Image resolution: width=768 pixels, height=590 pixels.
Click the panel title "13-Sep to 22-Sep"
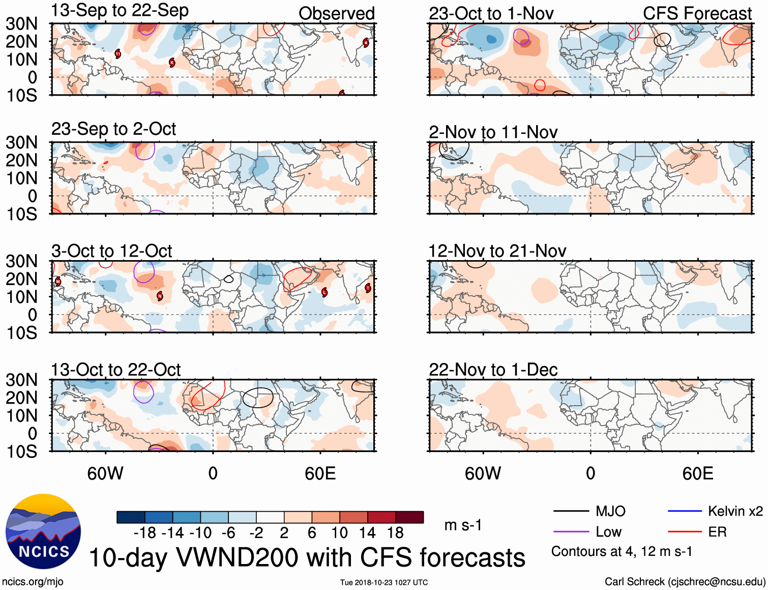click(x=120, y=11)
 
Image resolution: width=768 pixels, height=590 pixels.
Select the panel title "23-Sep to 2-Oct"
click(x=113, y=129)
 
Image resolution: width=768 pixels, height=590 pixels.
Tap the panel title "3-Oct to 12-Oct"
click(x=111, y=251)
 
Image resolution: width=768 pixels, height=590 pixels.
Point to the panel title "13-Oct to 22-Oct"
click(x=115, y=370)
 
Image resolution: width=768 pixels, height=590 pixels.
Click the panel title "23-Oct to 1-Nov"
click(x=491, y=14)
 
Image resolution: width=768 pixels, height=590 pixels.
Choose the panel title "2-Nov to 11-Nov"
click(x=493, y=132)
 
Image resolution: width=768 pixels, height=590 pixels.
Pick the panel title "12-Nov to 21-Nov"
click(x=497, y=251)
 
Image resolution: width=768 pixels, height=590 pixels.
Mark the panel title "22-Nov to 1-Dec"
click(x=493, y=370)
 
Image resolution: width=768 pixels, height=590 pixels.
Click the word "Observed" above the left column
click(x=336, y=14)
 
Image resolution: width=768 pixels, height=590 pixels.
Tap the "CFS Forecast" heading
click(x=697, y=14)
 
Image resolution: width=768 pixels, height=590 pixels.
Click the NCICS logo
click(x=43, y=531)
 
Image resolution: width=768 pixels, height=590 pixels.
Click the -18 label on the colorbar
click(x=144, y=533)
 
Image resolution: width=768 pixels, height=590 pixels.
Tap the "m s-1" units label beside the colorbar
click(x=463, y=525)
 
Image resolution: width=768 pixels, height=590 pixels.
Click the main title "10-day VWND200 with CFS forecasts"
click(x=307, y=557)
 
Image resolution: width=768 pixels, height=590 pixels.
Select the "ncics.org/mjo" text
click(x=33, y=581)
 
